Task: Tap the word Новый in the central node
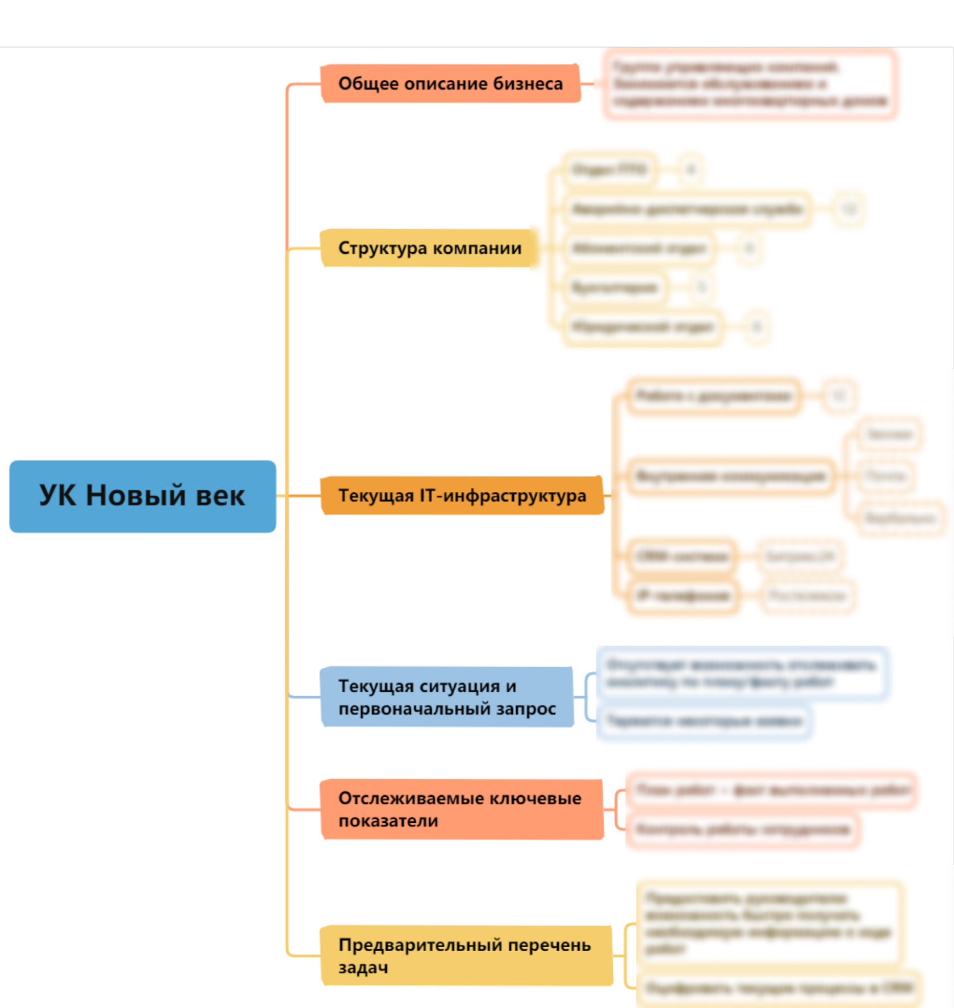(x=136, y=495)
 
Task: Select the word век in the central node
(x=220, y=496)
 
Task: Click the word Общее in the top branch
(x=368, y=83)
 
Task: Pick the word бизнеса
(x=528, y=83)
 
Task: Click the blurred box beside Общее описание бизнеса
(x=750, y=84)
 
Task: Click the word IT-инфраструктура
(x=503, y=496)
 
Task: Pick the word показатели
(x=388, y=821)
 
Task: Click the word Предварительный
(x=420, y=945)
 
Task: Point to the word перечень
(x=549, y=945)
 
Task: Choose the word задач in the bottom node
(x=363, y=968)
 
